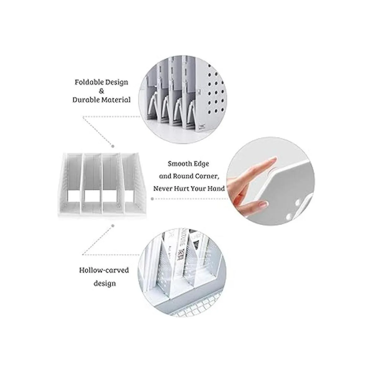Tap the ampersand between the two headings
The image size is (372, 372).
(x=101, y=91)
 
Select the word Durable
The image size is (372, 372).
(x=86, y=100)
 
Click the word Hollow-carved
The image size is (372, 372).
(x=104, y=270)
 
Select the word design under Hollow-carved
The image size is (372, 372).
(x=105, y=284)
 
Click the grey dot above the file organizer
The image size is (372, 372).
(x=113, y=147)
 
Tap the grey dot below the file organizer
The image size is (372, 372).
(x=113, y=225)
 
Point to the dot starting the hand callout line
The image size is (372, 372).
(x=152, y=199)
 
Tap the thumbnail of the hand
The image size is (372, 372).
(x=263, y=203)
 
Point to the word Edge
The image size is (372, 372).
(x=202, y=164)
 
